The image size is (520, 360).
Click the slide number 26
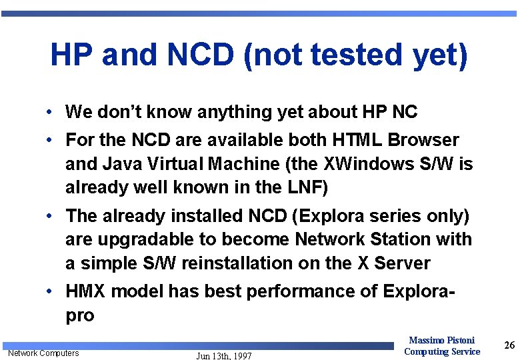[509, 345]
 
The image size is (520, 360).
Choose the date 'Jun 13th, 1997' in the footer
[224, 356]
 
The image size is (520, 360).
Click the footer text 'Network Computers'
[43, 353]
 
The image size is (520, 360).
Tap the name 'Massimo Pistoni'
[441, 340]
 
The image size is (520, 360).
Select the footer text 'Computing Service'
[441, 351]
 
